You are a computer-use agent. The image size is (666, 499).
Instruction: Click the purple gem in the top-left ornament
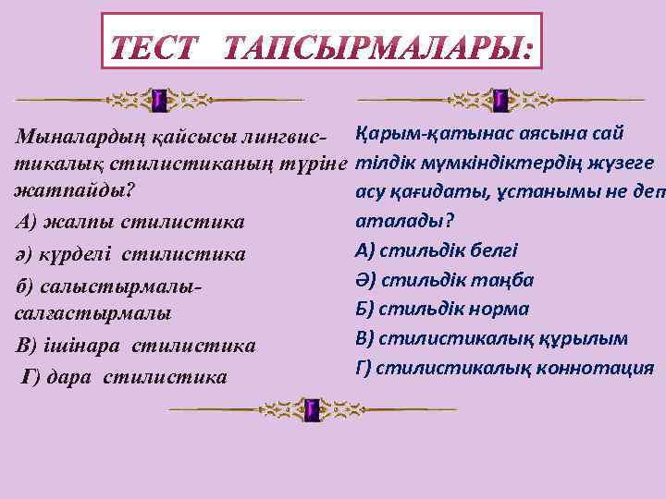(x=158, y=99)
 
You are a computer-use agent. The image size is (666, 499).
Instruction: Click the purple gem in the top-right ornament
(x=499, y=99)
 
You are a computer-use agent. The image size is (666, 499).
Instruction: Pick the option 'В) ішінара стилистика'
(x=136, y=347)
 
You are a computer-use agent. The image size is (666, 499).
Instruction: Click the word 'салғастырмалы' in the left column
(x=92, y=314)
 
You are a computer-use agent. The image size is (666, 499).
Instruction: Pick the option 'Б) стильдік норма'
(x=442, y=309)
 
